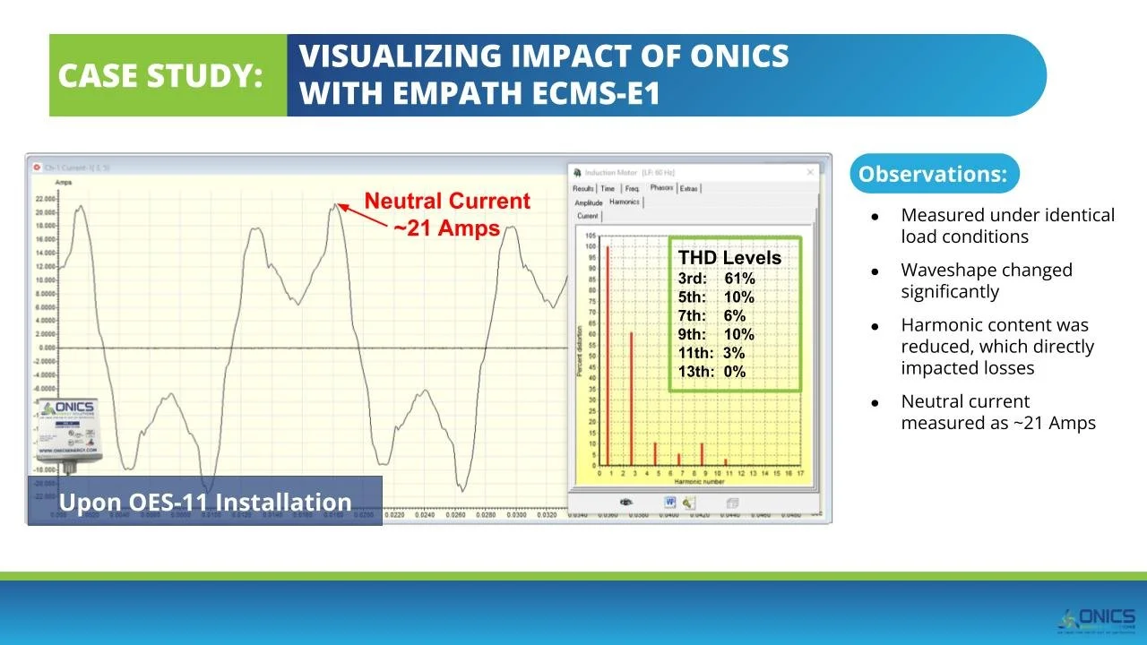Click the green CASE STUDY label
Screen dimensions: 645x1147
click(x=161, y=76)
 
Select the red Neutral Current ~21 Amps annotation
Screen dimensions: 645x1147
click(x=447, y=215)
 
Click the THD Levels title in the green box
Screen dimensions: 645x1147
click(x=729, y=258)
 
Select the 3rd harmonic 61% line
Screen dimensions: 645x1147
click(x=716, y=279)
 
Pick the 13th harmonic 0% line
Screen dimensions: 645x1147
click(x=711, y=372)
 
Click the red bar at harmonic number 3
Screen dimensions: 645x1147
click(x=631, y=399)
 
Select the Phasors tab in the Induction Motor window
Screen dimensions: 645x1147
click(x=661, y=188)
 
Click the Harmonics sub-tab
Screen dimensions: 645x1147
click(x=625, y=202)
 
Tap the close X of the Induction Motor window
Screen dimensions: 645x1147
click(x=810, y=172)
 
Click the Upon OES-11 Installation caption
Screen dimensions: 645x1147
click(x=205, y=502)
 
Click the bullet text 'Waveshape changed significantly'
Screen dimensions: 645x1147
click(x=986, y=280)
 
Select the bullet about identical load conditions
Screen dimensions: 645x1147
click(x=1007, y=226)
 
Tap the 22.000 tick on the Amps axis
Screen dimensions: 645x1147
click(x=45, y=199)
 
